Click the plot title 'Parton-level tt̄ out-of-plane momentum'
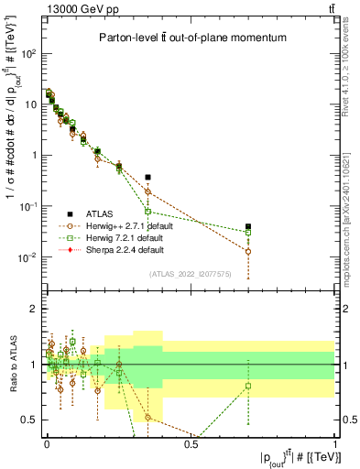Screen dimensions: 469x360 coord(191,38)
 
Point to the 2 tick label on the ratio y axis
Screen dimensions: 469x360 coord(33,309)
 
